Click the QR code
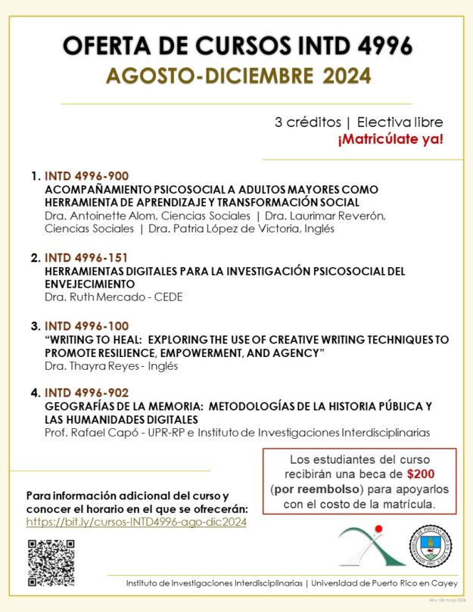[x=51, y=563]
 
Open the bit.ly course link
[x=136, y=522]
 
